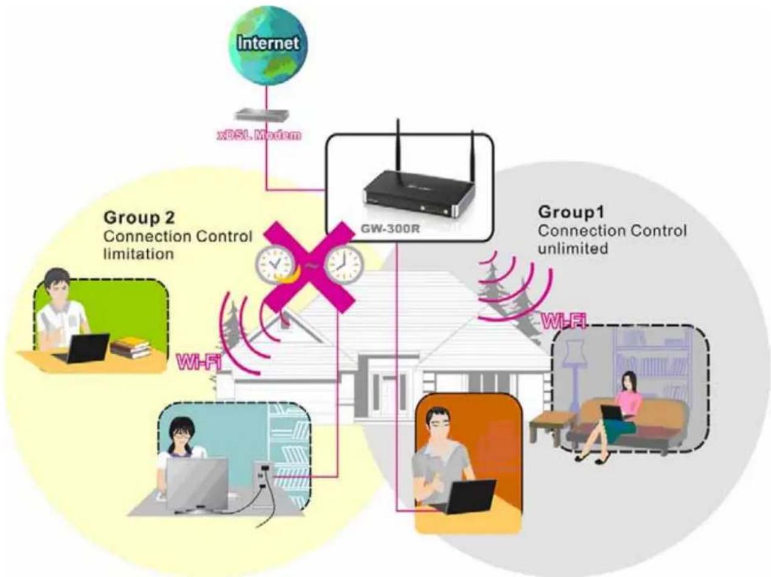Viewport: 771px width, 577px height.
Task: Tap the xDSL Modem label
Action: [259, 135]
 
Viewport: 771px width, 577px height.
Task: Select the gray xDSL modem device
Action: [262, 115]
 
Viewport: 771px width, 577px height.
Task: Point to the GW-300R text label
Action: [390, 229]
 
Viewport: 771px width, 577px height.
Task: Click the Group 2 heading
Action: [139, 217]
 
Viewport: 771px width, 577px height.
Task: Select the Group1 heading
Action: [571, 212]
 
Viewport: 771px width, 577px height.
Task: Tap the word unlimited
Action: [573, 248]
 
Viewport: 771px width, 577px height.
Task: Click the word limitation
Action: [139, 254]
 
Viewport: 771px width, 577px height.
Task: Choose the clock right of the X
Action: [343, 264]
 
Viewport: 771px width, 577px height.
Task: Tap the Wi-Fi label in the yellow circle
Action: [199, 363]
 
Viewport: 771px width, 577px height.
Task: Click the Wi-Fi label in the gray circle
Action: [562, 321]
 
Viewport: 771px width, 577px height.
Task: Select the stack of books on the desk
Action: [131, 348]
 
